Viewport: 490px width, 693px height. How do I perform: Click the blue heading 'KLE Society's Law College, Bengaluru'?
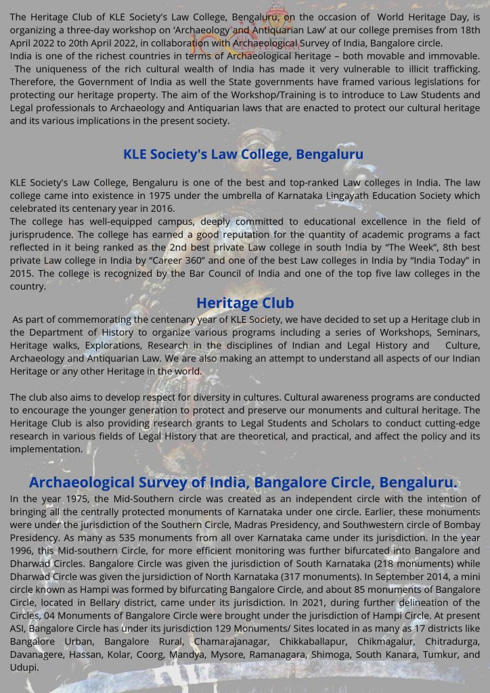click(243, 154)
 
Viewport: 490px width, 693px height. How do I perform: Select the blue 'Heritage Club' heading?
click(245, 303)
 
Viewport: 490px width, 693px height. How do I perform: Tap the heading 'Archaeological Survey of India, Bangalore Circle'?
click(243, 483)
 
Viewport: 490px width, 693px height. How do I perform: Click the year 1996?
click(24, 550)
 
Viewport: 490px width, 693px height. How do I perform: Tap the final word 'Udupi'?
click(23, 667)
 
